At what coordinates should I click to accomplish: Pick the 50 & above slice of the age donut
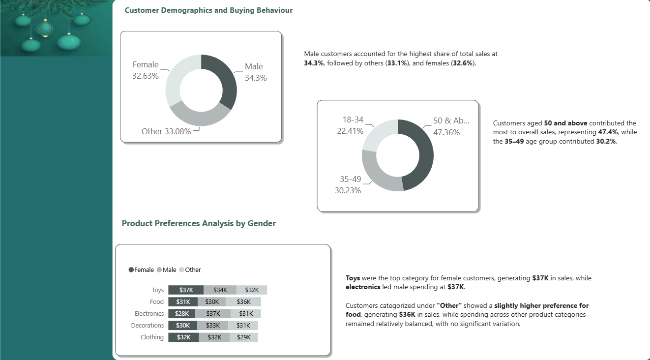(x=422, y=154)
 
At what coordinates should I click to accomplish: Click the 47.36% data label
(x=446, y=132)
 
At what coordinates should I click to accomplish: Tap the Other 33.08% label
(x=166, y=131)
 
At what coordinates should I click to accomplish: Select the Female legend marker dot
(x=131, y=270)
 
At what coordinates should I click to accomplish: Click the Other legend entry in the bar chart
(x=190, y=270)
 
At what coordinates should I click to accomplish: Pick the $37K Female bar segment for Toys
(x=186, y=290)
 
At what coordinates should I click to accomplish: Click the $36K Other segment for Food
(x=243, y=301)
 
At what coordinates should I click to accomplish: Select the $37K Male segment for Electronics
(x=213, y=314)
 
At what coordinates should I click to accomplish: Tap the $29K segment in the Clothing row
(x=244, y=337)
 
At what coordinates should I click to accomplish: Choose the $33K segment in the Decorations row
(x=213, y=326)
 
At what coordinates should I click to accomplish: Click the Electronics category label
(x=149, y=314)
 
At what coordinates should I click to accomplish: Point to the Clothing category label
(x=152, y=337)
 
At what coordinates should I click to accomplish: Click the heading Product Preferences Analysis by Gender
(x=199, y=223)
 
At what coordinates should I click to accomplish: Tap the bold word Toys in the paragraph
(x=353, y=278)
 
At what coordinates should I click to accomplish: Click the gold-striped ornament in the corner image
(x=45, y=29)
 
